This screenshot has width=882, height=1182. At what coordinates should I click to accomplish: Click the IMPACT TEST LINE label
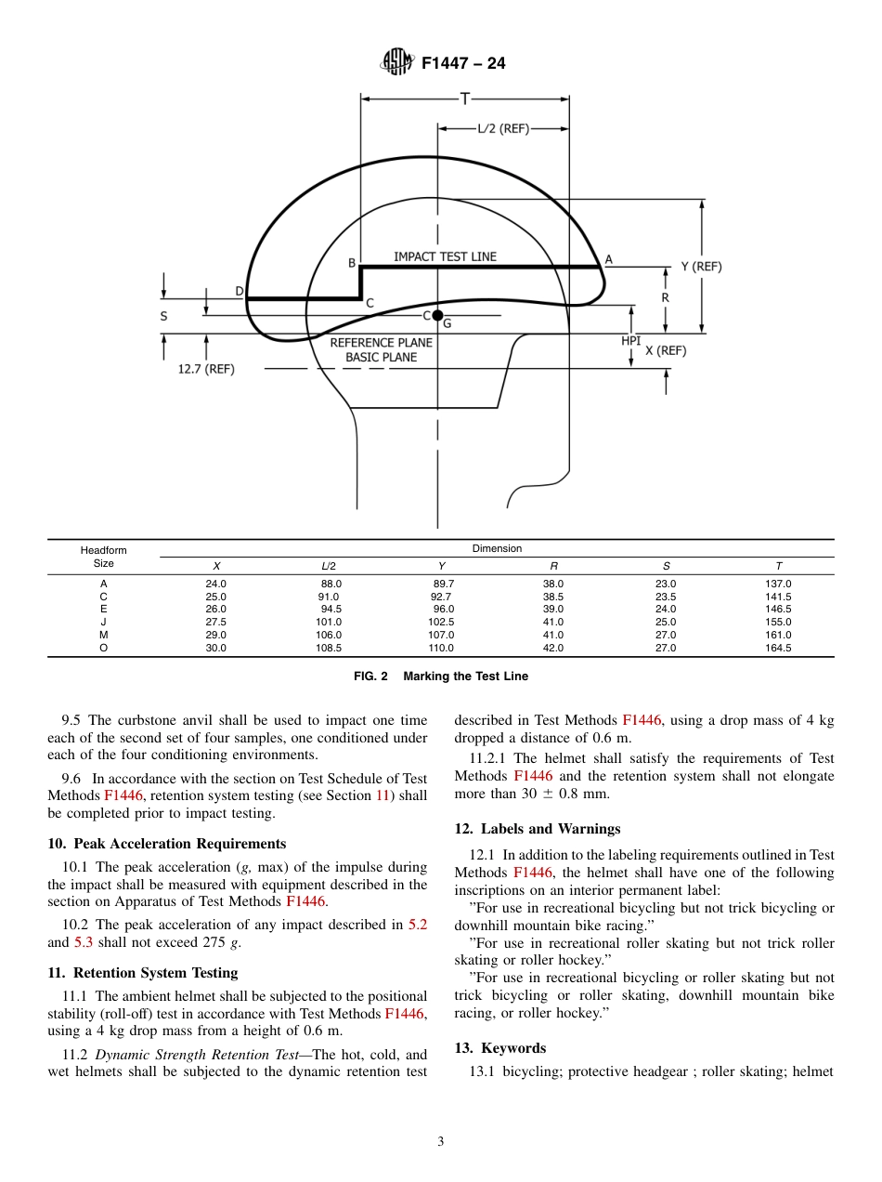[x=445, y=256]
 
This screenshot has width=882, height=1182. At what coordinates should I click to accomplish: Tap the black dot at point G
[x=437, y=316]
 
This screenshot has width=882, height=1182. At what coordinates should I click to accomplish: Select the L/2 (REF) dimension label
[x=502, y=129]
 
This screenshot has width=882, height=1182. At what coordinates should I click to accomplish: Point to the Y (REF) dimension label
[x=701, y=267]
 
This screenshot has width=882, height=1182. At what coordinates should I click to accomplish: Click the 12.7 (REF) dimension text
[x=206, y=369]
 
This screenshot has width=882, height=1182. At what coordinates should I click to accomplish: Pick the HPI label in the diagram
[x=631, y=341]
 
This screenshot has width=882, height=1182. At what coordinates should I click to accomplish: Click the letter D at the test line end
[x=239, y=292]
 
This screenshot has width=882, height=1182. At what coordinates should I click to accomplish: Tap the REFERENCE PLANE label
[x=381, y=342]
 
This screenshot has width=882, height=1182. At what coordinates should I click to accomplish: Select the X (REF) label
[x=666, y=350]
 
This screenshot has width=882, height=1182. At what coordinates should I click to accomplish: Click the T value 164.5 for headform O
[x=777, y=649]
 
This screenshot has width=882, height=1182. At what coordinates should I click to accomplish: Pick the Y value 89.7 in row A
[x=444, y=584]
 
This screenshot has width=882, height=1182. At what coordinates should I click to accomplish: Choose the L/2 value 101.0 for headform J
[x=329, y=623]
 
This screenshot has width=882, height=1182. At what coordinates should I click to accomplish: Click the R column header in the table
[x=553, y=566]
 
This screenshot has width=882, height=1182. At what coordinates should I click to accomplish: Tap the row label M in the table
[x=103, y=636]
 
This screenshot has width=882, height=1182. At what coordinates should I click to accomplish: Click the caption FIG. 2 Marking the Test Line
[x=441, y=676]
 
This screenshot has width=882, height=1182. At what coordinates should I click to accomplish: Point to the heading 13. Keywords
[x=499, y=1048]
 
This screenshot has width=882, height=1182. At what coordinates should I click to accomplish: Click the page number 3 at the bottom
[x=441, y=1142]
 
